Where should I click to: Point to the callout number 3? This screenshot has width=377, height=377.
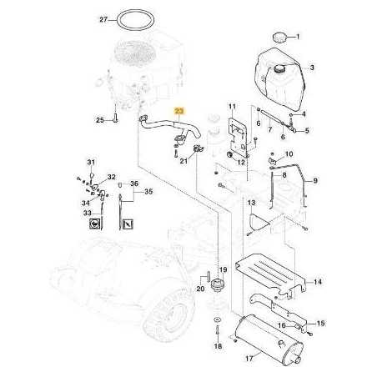point(311,67)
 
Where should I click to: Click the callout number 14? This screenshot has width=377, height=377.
point(319,283)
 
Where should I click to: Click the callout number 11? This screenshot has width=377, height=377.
point(234,107)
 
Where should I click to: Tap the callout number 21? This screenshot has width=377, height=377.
point(183,161)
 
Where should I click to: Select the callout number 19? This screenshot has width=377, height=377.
point(223,269)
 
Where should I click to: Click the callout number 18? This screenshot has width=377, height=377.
point(218,344)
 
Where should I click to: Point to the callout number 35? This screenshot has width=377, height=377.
point(148,192)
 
